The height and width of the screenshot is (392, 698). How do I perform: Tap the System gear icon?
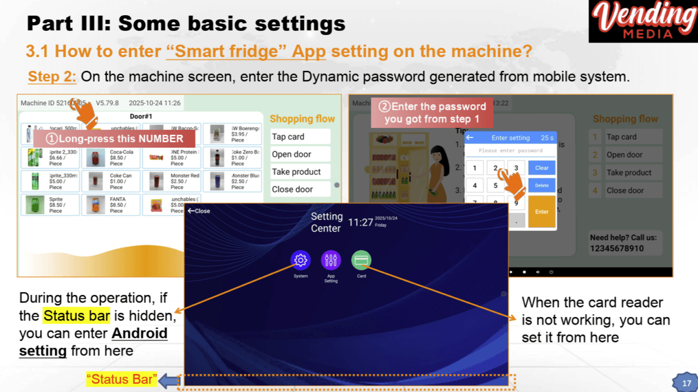coord(301,260)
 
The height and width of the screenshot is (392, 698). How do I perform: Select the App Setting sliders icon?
coord(331,260)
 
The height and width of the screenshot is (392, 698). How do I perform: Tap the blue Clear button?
coord(542,168)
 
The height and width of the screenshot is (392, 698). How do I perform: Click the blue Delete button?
coord(542,186)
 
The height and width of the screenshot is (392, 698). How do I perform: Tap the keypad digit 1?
coord(475,168)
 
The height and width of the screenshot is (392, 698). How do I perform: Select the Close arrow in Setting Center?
coord(199,211)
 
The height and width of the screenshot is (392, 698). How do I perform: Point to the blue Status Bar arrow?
coord(168,380)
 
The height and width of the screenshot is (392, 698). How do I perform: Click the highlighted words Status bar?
coord(76,316)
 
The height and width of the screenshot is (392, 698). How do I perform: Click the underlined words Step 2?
coord(52,76)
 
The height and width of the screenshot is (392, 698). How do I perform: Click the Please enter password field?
coord(510,151)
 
